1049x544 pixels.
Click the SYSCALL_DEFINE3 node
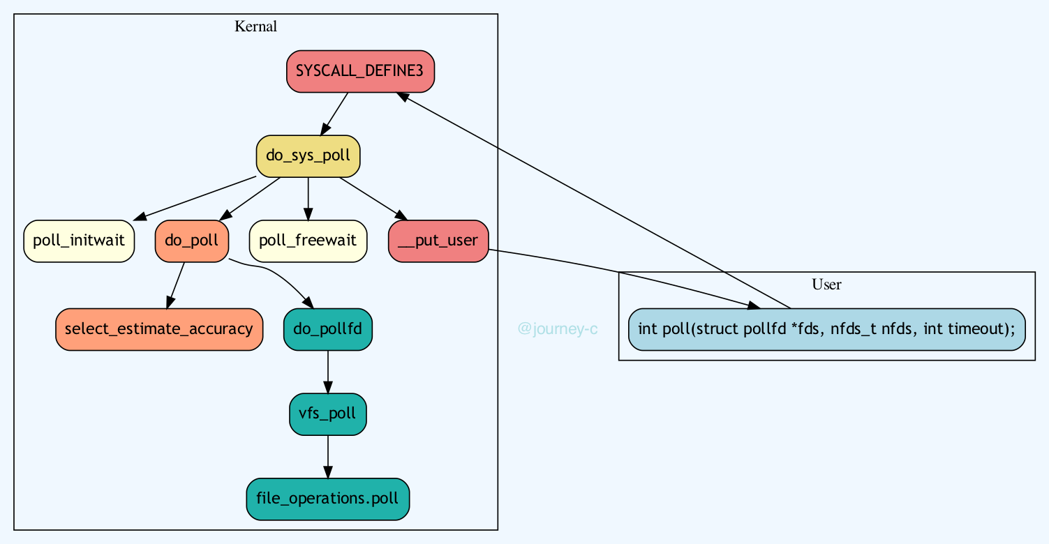pyautogui.click(x=360, y=71)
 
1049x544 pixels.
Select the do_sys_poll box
pyautogui.click(x=308, y=156)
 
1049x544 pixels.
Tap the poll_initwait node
pyautogui.click(x=79, y=241)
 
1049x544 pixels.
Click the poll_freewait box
pyautogui.click(x=308, y=241)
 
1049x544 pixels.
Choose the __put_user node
pyautogui.click(x=438, y=241)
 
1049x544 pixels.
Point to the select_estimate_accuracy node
pyautogui.click(x=158, y=328)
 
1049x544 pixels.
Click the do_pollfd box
pyautogui.click(x=328, y=328)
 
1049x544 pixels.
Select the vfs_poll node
pyautogui.click(x=328, y=414)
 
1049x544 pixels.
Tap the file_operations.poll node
pyautogui.click(x=328, y=499)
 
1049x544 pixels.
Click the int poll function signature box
pyautogui.click(x=826, y=328)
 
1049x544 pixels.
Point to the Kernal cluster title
pyautogui.click(x=255, y=27)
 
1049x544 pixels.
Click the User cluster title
pyautogui.click(x=826, y=284)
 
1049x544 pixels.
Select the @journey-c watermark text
pyautogui.click(x=558, y=328)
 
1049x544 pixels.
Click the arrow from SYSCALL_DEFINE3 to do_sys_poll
pyautogui.click(x=334, y=114)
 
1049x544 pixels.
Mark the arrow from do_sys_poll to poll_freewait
pyautogui.click(x=308, y=199)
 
